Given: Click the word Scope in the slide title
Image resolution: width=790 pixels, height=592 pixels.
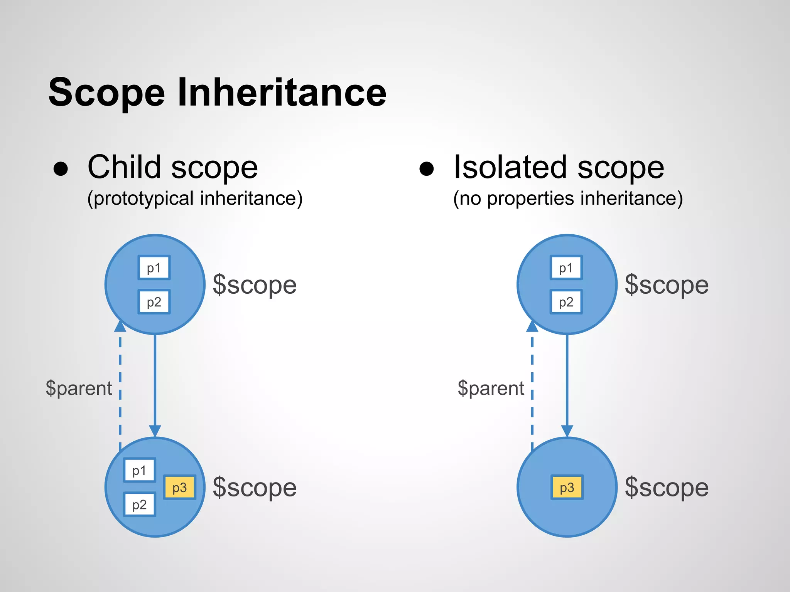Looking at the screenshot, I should point(107,92).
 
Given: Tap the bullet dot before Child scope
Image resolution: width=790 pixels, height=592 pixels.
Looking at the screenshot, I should point(61,168).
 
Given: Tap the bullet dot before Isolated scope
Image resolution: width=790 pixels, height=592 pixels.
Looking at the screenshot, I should point(427,168).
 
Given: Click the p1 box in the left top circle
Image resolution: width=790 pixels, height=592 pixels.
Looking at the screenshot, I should point(154,267).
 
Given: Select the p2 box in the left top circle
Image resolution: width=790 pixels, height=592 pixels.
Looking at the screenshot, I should point(154,302).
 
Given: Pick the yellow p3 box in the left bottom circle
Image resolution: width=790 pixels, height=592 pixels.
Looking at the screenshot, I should point(179,488).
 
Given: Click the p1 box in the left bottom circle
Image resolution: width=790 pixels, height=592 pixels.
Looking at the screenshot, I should point(139,470).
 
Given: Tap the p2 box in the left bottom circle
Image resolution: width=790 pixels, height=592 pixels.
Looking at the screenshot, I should point(139,505).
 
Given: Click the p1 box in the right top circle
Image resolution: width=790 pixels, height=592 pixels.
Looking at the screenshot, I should point(566,267).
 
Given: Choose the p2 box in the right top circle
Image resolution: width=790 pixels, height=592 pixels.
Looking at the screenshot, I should point(566,302).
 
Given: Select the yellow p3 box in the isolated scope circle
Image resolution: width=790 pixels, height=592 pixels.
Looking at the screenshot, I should point(567,488).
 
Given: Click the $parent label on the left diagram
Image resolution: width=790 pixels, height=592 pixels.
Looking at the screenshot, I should point(79,388).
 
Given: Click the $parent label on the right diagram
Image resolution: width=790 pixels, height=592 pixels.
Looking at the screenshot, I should point(491,388).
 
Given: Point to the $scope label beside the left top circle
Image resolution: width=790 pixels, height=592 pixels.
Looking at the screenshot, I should point(255,285).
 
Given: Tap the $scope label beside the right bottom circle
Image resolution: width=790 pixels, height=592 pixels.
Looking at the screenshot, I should point(667,488).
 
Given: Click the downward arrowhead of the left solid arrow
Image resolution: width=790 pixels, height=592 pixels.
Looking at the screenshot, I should point(155,431).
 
